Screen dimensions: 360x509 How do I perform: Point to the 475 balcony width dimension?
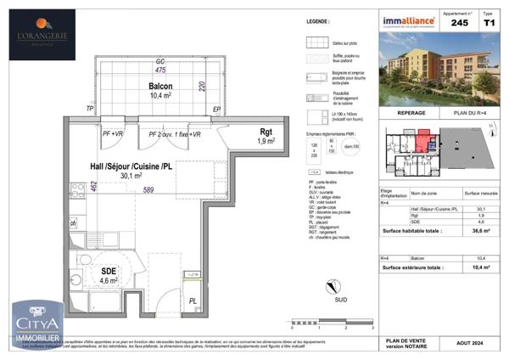click(159, 70)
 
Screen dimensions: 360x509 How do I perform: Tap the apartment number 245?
click(459, 24)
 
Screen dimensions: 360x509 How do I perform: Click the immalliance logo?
click(409, 21)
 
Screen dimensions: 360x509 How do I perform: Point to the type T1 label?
click(487, 24)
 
